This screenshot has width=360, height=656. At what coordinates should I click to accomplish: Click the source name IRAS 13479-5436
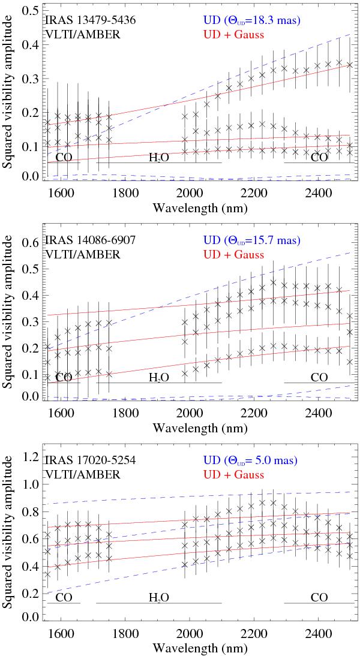[x=89, y=21]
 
